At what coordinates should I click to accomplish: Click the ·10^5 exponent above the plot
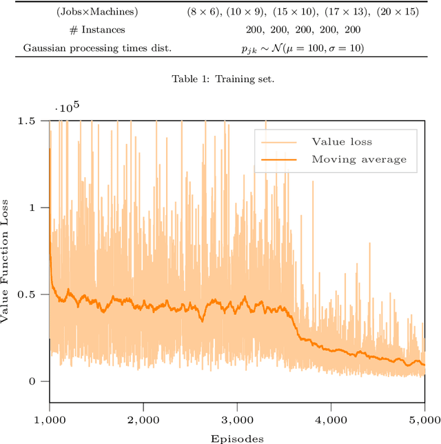tap(67, 108)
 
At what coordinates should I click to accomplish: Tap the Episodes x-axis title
tap(236, 437)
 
